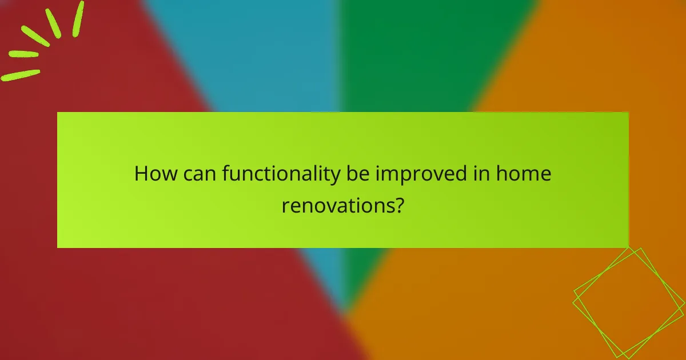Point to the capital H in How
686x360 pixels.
141,174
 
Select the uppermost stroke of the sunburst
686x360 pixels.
78,18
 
